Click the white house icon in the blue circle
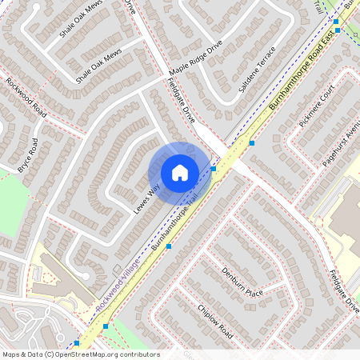[x=179, y=173]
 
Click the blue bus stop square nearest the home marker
[x=214, y=169]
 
